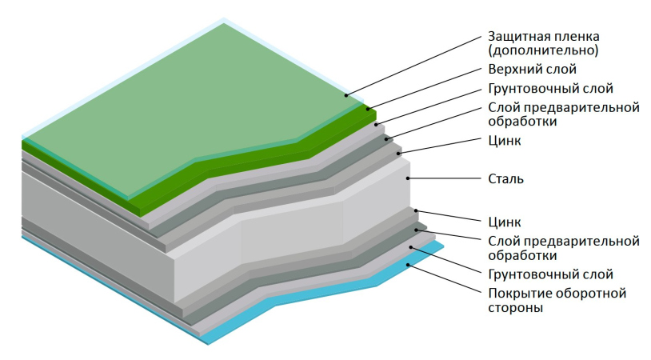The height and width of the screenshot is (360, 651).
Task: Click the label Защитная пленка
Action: pyautogui.click(x=543, y=37)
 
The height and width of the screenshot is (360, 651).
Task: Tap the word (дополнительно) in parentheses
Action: pyautogui.click(x=542, y=50)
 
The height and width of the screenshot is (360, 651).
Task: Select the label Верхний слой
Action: pyautogui.click(x=531, y=70)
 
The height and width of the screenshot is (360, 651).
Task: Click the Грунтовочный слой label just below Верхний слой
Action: pyautogui.click(x=550, y=88)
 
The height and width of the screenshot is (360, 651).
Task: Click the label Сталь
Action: pyautogui.click(x=505, y=178)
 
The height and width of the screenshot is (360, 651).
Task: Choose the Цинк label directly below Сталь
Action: pyautogui.click(x=504, y=222)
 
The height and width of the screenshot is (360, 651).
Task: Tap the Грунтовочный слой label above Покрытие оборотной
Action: pyautogui.click(x=550, y=274)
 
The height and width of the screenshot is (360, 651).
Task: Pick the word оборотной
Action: pyautogui.click(x=595, y=293)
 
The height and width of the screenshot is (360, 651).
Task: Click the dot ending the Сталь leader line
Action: pyautogui.click(x=409, y=177)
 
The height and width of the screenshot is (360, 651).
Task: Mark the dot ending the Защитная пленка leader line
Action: pyautogui.click(x=347, y=96)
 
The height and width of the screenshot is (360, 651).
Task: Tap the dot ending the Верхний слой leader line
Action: pyautogui.click(x=369, y=109)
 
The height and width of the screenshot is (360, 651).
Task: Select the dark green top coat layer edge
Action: pyautogui.click(x=240, y=168)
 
